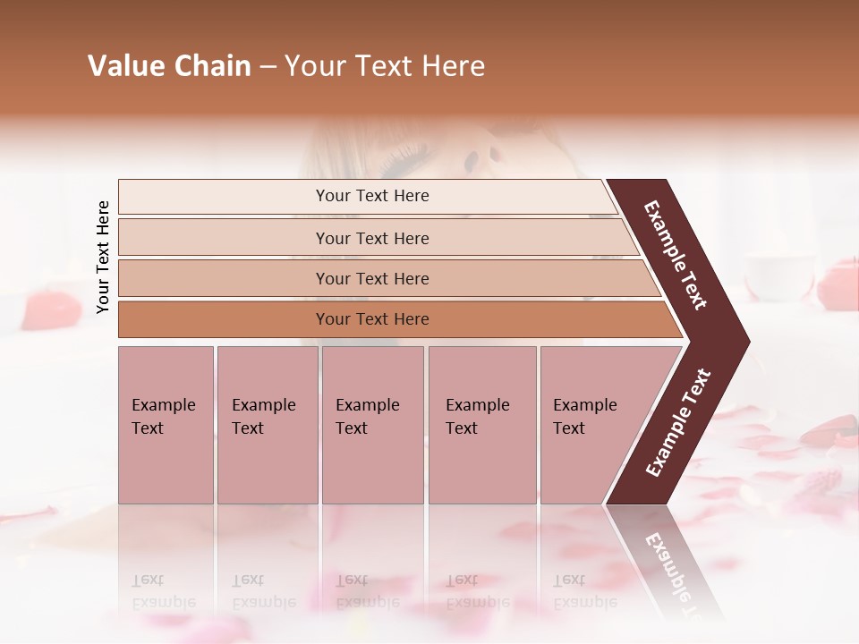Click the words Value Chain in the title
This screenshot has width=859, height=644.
169,66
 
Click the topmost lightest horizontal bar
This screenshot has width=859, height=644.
371,196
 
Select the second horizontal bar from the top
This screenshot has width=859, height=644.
371,238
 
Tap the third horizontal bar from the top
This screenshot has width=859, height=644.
371,278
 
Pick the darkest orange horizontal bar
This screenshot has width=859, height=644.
371,319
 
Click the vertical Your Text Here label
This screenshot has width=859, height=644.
103,258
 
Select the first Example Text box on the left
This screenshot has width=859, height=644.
166,424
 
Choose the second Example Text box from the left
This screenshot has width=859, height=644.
267,424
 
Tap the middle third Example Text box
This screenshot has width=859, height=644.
372,424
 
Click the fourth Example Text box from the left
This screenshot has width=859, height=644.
481,424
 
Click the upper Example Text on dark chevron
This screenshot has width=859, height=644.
675,255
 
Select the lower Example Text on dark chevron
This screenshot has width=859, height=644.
677,423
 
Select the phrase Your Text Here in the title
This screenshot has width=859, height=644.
385,66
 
